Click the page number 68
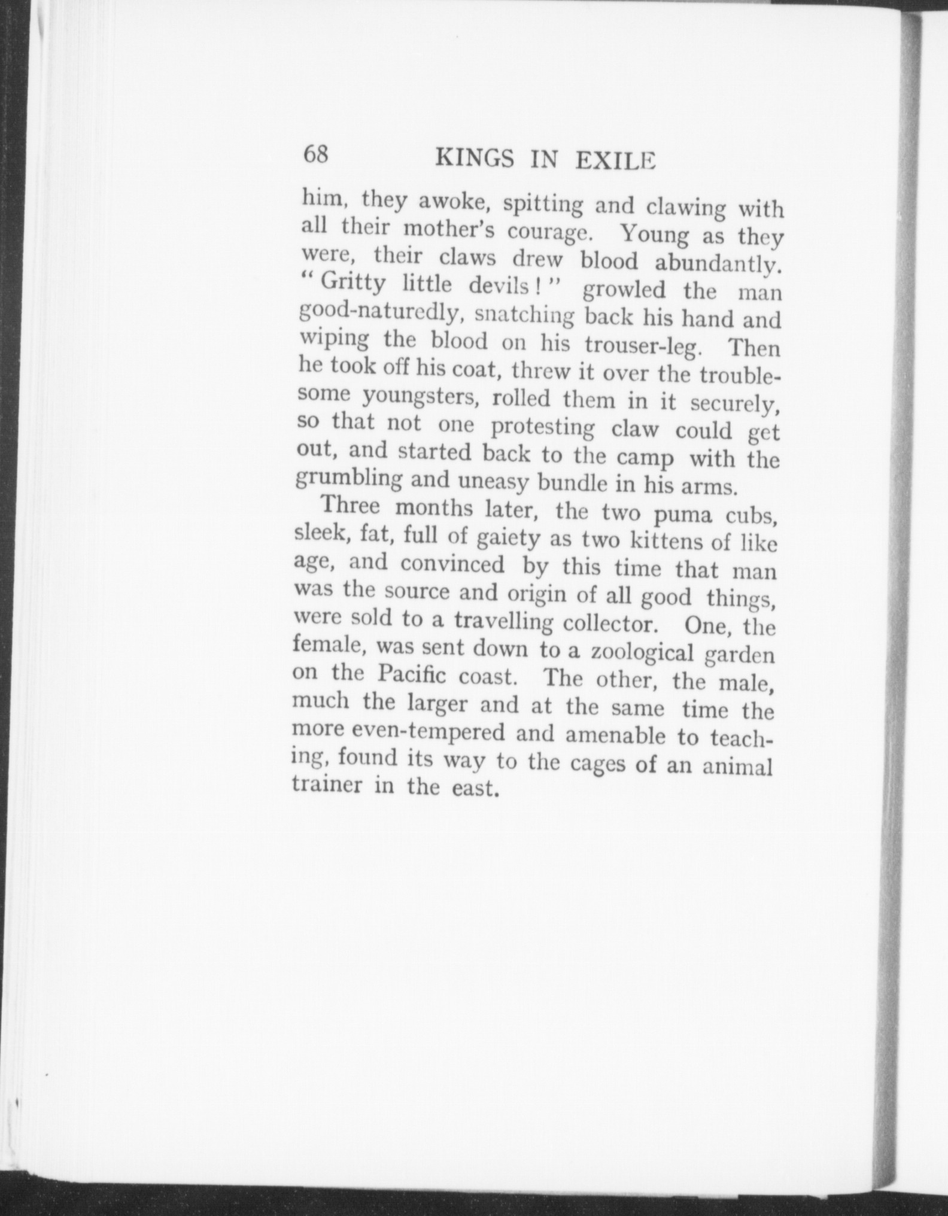(316, 155)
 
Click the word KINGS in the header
(475, 159)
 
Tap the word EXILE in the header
(616, 162)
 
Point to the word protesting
(542, 428)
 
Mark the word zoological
(642, 653)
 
